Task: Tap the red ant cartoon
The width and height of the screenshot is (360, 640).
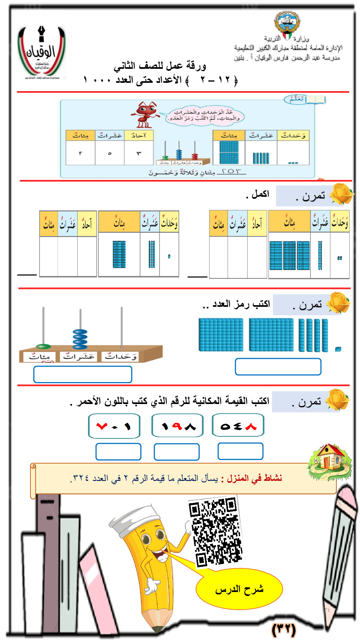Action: pos(145,114)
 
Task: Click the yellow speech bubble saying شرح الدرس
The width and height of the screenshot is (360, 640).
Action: pos(239,589)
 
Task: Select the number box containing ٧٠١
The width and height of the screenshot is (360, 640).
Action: pos(114,426)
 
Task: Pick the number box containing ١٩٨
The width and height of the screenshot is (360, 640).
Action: pos(178,426)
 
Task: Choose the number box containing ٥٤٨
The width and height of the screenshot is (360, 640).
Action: pos(238,426)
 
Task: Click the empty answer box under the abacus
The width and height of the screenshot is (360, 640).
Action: pos(83,374)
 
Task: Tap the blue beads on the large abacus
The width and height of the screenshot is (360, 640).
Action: pos(80,339)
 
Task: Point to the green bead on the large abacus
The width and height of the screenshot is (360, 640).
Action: pos(43,346)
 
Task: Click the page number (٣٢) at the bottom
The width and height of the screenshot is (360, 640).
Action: pos(284,629)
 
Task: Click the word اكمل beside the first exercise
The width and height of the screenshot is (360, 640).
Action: pos(258,194)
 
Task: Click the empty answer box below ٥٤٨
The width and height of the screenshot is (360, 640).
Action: pos(240,451)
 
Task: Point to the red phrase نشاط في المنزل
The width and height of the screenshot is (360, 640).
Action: pos(254,478)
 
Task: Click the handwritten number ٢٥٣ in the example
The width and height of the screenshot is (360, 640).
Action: pos(232,172)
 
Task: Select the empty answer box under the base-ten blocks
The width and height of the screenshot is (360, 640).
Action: pos(278,366)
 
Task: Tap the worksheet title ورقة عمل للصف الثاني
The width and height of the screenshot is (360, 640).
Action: pos(160,66)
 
